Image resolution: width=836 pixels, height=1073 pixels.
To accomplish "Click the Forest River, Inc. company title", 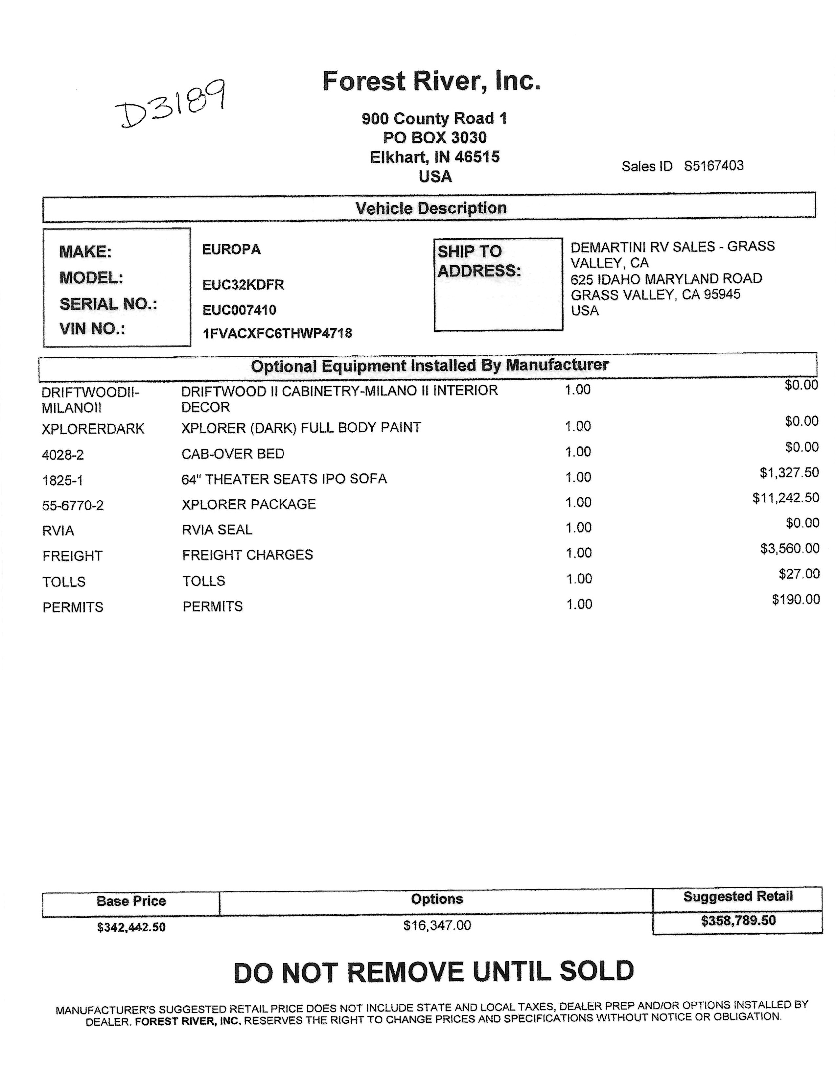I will coord(431,81).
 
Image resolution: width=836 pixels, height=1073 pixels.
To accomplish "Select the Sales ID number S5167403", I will coord(714,166).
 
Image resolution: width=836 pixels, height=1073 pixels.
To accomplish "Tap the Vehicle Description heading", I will coord(431,208).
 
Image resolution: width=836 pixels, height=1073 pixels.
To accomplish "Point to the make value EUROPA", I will coord(231,250).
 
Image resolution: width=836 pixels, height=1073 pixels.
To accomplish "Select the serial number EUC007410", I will coord(239,310).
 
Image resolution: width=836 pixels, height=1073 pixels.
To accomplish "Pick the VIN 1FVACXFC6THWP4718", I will coord(277,334).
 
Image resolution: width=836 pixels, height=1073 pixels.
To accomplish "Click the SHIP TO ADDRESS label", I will coord(479,261).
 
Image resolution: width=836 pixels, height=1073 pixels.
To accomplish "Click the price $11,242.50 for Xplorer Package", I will coord(785,498).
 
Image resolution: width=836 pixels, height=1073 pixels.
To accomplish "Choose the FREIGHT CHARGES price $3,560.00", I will coord(790,548).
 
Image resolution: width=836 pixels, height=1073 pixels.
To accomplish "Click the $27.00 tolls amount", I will coord(799,574).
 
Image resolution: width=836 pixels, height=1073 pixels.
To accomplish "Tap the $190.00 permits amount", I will coord(796,599).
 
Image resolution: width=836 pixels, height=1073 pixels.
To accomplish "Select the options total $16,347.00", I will coord(437,926).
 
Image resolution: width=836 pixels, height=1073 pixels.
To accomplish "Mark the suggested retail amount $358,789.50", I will coord(738,921).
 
